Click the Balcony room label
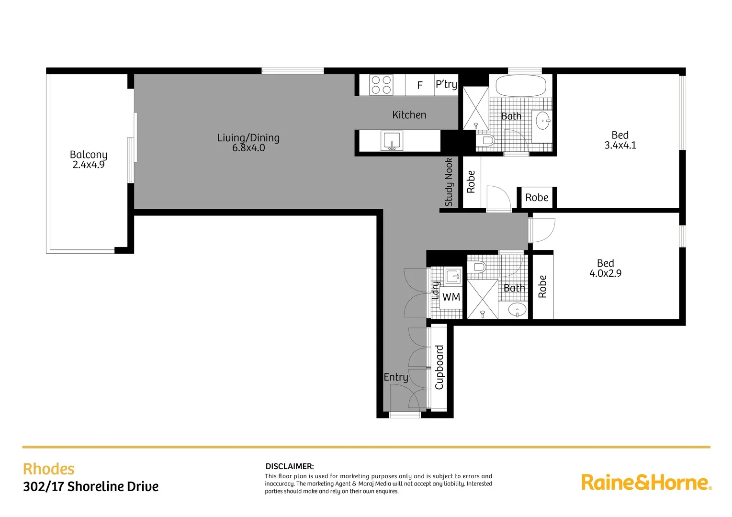pyautogui.click(x=89, y=155)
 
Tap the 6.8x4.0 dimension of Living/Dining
pyautogui.click(x=248, y=148)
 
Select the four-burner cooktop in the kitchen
pyautogui.click(x=381, y=85)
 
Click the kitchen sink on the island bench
pyautogui.click(x=392, y=141)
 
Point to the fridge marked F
pyautogui.click(x=420, y=85)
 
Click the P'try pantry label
pyautogui.click(x=446, y=85)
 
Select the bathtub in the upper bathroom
pyautogui.click(x=520, y=86)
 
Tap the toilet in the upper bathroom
pyautogui.click(x=485, y=140)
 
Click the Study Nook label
pyautogui.click(x=449, y=182)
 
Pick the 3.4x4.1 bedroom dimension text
pyautogui.click(x=620, y=146)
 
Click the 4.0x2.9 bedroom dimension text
pyautogui.click(x=605, y=273)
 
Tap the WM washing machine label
pyautogui.click(x=451, y=297)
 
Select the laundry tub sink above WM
pyautogui.click(x=453, y=276)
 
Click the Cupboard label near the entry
pyautogui.click(x=439, y=367)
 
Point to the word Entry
pyautogui.click(x=396, y=377)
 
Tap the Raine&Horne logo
pyautogui.click(x=646, y=482)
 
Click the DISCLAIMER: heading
pyautogui.click(x=290, y=466)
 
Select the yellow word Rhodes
pyautogui.click(x=49, y=469)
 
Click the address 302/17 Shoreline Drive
pyautogui.click(x=91, y=487)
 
